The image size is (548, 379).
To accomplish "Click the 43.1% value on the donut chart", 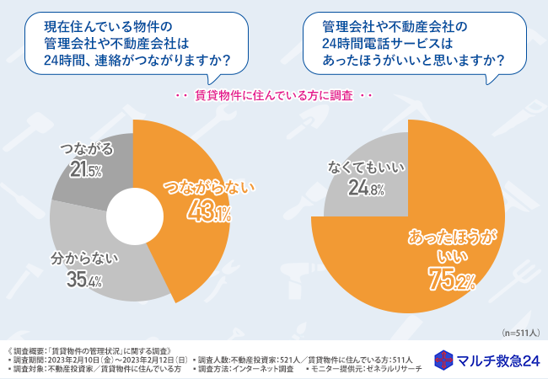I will click(x=209, y=214).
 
